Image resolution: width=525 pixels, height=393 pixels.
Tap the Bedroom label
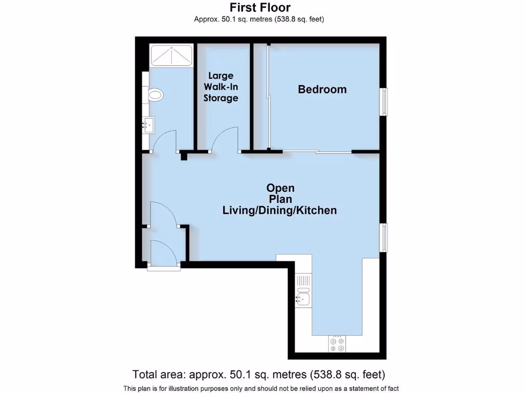322,90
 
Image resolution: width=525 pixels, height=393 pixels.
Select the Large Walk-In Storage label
220,87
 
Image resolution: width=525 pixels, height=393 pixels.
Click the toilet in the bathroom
155,95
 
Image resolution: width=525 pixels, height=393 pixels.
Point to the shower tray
171,55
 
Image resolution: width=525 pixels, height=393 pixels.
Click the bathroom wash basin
149,124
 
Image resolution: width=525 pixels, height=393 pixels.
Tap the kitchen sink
303,297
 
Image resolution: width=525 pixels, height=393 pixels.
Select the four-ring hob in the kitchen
337,344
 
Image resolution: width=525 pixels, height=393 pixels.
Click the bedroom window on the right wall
383,101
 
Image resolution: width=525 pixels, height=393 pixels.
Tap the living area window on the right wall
383,237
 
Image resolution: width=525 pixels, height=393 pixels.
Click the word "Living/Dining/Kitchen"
279,210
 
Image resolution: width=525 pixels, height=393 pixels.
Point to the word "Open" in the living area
280,188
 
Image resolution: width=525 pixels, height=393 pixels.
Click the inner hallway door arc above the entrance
164,212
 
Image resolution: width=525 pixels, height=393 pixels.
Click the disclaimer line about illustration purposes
261,388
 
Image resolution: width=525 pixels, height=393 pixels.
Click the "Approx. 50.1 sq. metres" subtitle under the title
259,19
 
